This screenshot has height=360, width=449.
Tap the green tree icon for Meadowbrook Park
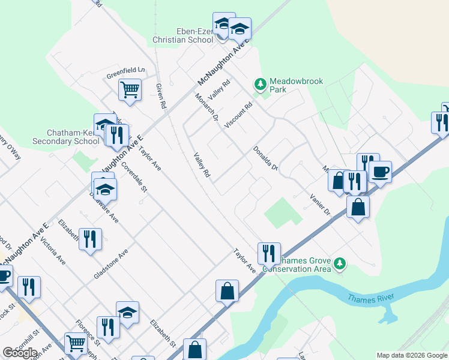coord(261,84)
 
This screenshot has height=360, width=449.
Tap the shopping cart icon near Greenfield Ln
coord(130,91)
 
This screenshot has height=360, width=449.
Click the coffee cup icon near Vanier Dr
coord(380,172)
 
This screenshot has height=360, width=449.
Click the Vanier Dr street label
coord(320,204)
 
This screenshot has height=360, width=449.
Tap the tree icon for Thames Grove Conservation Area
coord(340,263)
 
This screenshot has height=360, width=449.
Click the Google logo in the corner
coord(20,353)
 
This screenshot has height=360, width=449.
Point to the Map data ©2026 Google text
coord(412,355)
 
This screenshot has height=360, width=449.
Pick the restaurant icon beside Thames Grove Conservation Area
coord(269,253)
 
